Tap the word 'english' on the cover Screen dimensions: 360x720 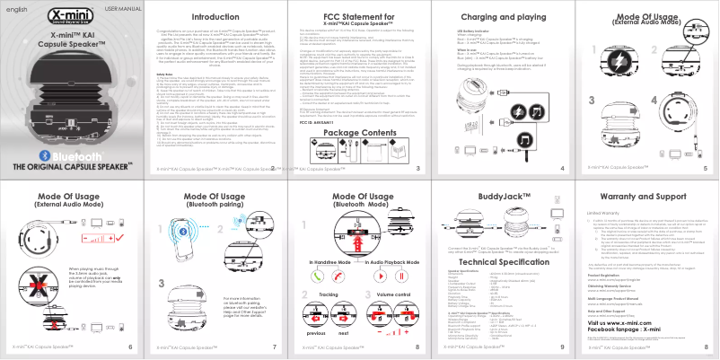(x=17, y=8)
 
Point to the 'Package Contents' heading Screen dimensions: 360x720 (x=359, y=132)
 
